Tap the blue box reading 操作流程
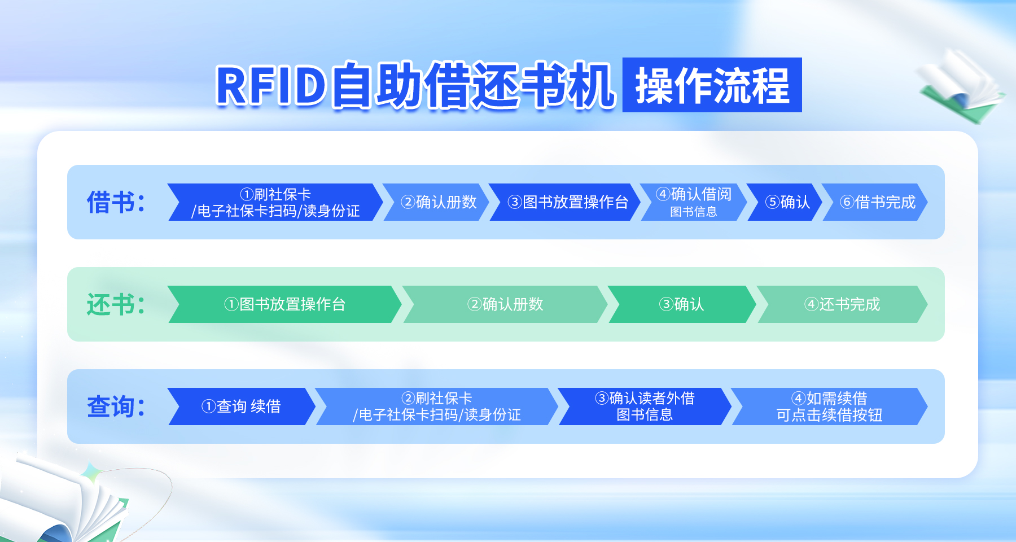[712, 85]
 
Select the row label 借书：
[116, 202]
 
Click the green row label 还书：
[116, 304]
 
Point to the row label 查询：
[116, 406]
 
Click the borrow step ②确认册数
[436, 202]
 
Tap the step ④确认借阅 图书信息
[694, 202]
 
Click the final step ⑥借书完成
[875, 202]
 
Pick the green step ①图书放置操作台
[284, 304]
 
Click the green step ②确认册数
[505, 304]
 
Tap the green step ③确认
[682, 304]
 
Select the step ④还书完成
[842, 304]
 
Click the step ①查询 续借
[242, 406]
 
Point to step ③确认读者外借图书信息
[645, 406]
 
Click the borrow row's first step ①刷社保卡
[275, 202]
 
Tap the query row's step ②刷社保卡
[437, 406]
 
